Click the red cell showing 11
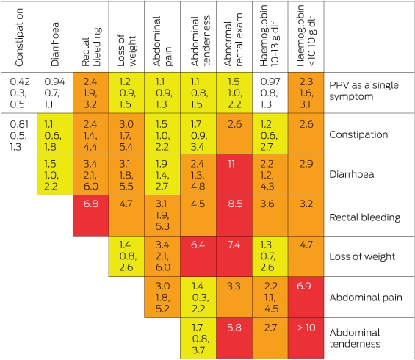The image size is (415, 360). point(234,175)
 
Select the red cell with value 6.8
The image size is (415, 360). point(91,215)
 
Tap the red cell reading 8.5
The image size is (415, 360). point(234,215)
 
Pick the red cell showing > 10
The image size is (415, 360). point(306,338)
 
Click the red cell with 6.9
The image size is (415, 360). point(306,298)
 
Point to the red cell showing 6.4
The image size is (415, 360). point(198,256)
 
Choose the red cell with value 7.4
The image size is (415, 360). point(234,256)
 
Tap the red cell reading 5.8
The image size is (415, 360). point(234,338)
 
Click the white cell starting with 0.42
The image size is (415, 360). point(19,93)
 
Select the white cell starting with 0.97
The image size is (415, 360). point(270,93)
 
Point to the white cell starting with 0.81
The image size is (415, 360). point(19,134)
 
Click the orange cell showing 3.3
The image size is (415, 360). point(234,298)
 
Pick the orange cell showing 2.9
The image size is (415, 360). point(306,175)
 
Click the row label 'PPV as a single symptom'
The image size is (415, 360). point(364,91)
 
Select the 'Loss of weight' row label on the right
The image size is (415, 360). point(362,256)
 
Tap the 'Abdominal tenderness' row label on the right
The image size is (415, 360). point(355,338)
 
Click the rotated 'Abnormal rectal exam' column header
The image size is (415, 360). point(234,40)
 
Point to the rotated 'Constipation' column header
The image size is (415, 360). point(19,37)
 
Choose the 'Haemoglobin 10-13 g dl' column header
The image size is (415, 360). point(270,36)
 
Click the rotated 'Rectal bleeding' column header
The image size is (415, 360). point(91,47)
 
